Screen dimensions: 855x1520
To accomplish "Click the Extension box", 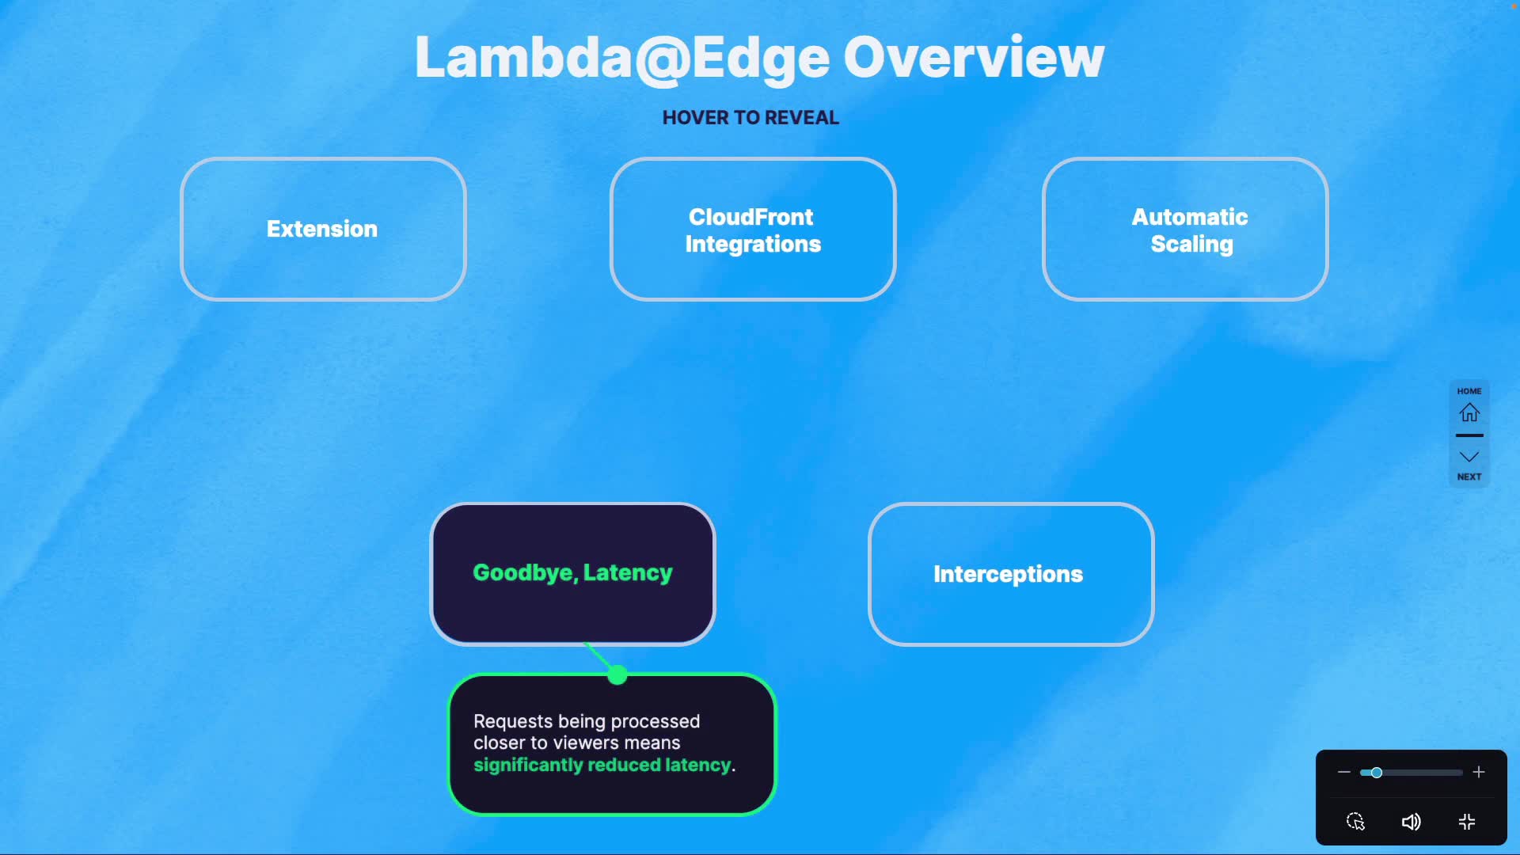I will pos(323,229).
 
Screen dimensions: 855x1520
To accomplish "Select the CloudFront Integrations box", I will pos(752,230).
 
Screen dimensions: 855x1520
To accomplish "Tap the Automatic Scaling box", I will pos(1185,230).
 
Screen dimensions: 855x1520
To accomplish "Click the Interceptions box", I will pos(1011,574).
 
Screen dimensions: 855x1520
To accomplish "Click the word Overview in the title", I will pos(973,58).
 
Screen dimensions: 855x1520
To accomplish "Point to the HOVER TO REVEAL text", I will pos(750,118).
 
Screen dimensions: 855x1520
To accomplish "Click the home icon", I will pos(1469,412).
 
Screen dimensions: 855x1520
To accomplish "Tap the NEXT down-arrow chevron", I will pos(1469,457).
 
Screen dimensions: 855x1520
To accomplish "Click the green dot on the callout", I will pos(617,675).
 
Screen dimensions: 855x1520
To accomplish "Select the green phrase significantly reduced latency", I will pos(602,765).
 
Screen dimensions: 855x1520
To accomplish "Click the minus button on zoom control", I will pos(1343,772).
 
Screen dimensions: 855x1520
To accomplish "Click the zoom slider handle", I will pos(1377,773).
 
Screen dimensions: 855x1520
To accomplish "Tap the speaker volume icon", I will pos(1411,822).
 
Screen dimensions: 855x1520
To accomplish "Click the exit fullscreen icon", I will pos(1467,822).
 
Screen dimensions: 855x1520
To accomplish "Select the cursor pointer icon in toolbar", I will pos(1355,822).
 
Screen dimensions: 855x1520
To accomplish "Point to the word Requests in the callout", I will pos(513,721).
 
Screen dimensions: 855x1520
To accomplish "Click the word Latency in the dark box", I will pos(628,572).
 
